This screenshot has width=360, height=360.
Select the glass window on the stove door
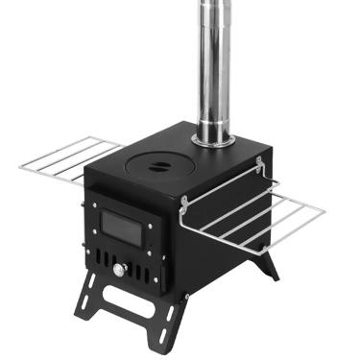coord(122,228)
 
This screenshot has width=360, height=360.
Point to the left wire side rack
coord(67,158)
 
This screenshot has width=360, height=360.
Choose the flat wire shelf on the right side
coord(269,216)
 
